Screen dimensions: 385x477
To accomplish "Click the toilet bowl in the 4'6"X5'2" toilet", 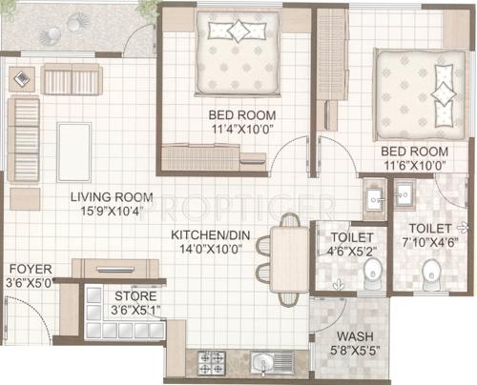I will tap(370, 274).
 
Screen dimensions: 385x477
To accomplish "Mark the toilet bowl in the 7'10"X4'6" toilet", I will tap(432, 277).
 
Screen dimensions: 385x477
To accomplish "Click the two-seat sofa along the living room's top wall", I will tap(72, 80).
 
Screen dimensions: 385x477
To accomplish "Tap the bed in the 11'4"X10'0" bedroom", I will tap(238, 52).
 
